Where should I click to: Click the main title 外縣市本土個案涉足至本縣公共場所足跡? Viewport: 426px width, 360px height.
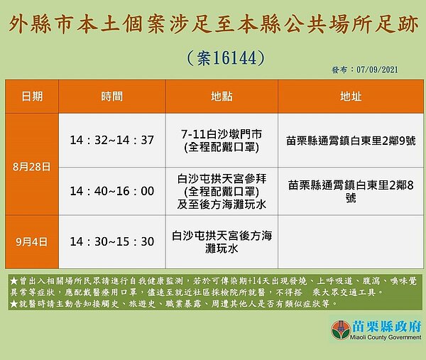coord(212,26)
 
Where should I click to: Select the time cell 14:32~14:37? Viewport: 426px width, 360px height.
coord(111,140)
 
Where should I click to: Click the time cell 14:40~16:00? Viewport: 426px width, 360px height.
coord(111,191)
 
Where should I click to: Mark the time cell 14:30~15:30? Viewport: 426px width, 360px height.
coord(111,241)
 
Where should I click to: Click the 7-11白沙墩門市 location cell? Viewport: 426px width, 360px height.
coord(222,140)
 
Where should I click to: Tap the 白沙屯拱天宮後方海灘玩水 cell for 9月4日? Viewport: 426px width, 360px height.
coord(222,241)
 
